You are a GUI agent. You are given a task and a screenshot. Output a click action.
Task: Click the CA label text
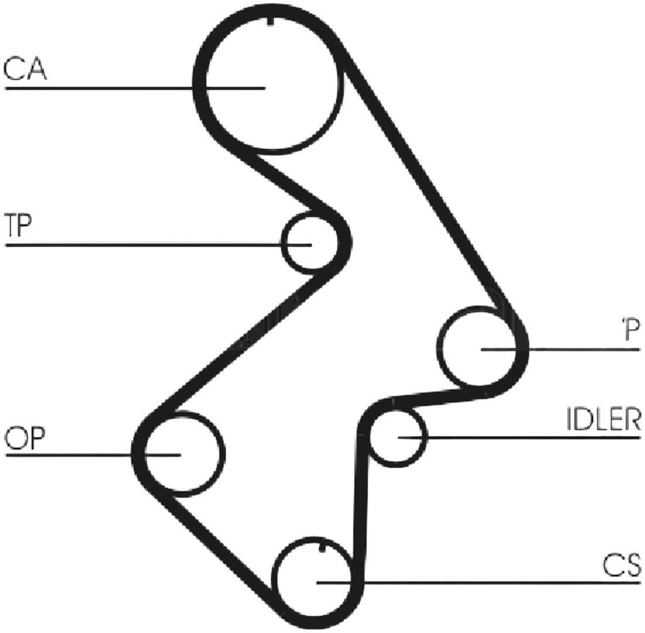(x=25, y=69)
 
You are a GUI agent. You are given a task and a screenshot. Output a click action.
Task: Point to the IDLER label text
(x=603, y=419)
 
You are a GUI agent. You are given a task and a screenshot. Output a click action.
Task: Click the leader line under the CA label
(x=135, y=88)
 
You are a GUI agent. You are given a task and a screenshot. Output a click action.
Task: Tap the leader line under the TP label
(x=158, y=246)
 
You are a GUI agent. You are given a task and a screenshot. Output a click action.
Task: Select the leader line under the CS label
(x=479, y=583)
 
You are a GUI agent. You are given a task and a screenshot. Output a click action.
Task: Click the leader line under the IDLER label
(x=520, y=437)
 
